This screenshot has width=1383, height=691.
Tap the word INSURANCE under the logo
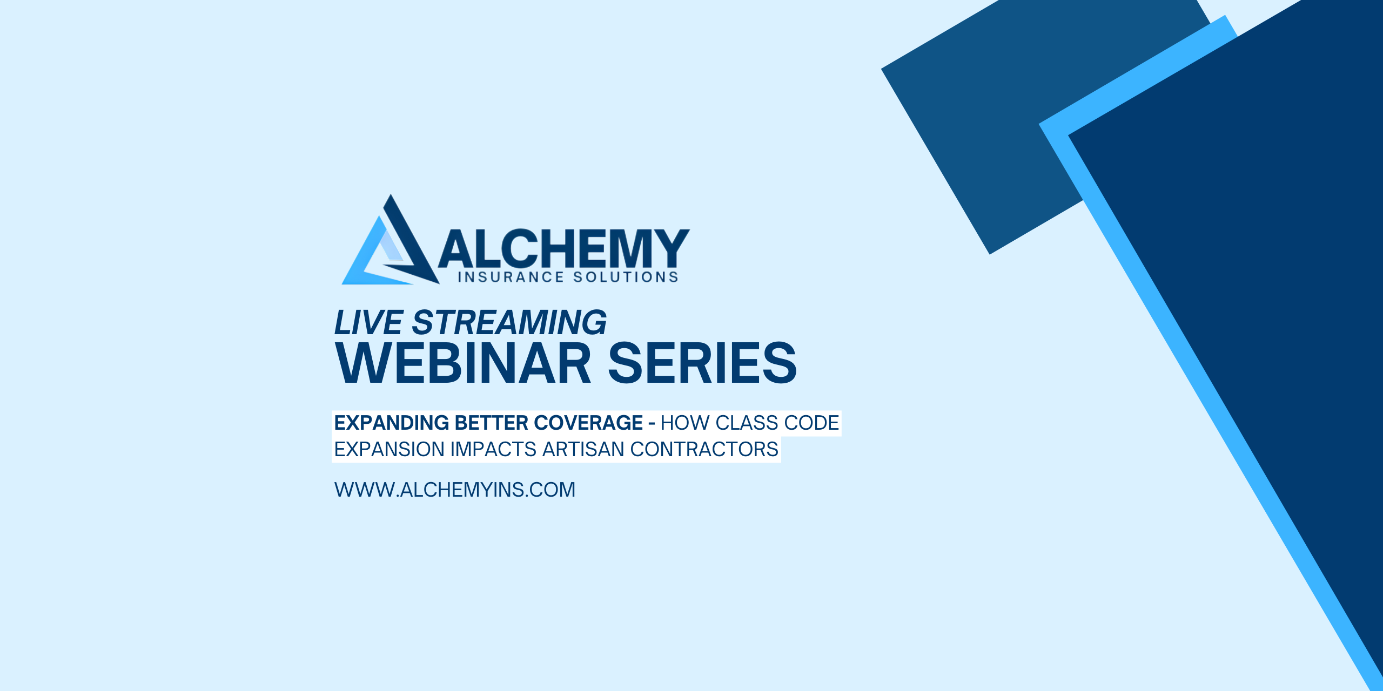511,277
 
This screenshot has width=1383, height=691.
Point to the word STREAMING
509,322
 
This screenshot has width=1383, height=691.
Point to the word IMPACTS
493,449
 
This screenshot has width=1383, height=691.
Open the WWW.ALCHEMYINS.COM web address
455,490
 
